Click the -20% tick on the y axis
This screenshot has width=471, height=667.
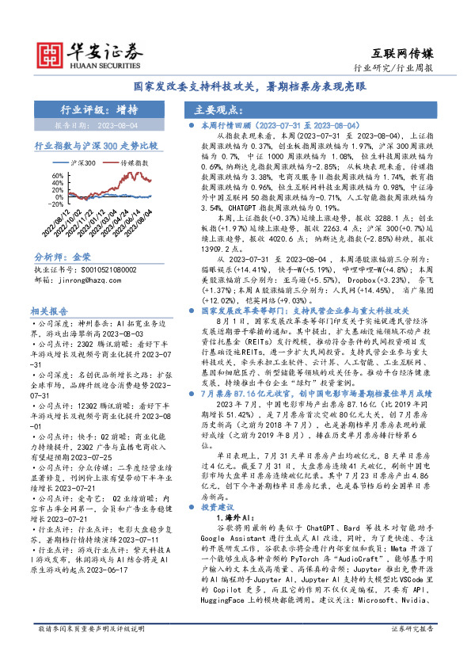[57, 204]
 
